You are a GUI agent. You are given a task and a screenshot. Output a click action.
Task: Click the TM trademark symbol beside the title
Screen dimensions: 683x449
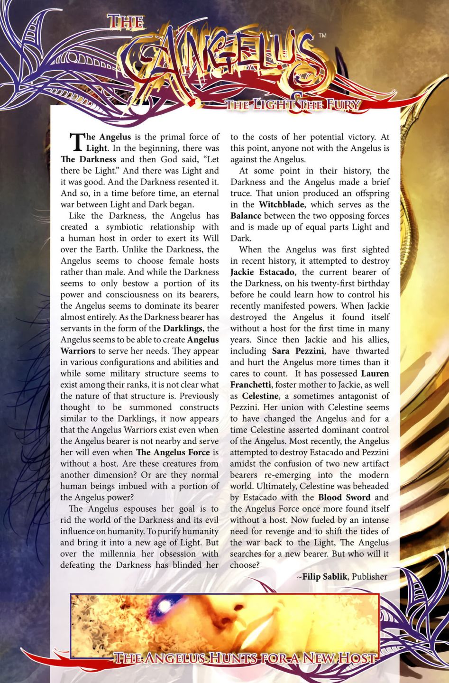[x=322, y=36]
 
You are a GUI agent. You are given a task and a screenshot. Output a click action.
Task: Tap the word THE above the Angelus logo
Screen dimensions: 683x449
[x=125, y=22]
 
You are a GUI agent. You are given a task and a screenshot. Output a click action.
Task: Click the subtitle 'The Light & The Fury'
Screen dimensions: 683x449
[x=293, y=105]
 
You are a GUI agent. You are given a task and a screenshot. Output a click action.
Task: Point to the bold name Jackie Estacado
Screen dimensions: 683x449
[x=263, y=272]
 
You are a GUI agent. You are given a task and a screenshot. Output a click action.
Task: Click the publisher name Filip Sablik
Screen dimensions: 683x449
[x=324, y=577]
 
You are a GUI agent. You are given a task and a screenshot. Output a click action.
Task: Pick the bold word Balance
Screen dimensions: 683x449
[x=246, y=216]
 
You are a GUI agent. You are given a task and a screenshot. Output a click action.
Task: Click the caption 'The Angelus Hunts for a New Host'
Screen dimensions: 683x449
[x=245, y=658]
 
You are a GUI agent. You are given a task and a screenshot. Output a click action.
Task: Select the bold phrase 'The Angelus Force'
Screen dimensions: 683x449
[x=173, y=452]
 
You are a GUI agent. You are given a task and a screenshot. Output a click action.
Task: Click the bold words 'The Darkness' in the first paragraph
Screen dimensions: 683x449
[x=88, y=159]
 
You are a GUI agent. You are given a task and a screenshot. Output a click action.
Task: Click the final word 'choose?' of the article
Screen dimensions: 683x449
[x=245, y=565]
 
